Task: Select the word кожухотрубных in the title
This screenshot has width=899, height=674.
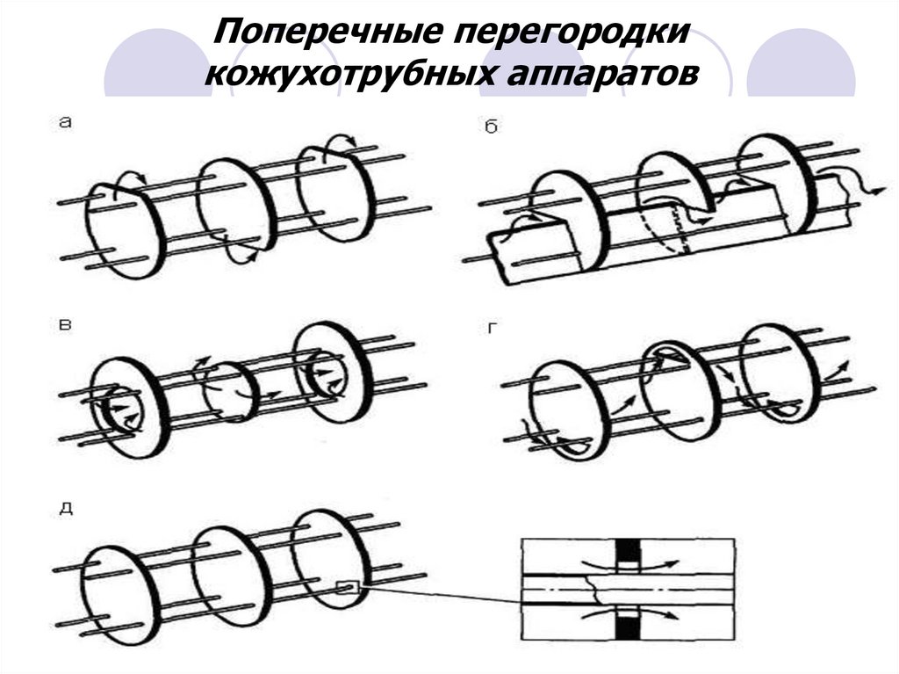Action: click(x=350, y=74)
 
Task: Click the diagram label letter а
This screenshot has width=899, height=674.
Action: click(x=65, y=124)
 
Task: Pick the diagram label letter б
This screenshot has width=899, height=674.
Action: click(x=491, y=128)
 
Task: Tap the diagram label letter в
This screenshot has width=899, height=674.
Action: click(x=65, y=326)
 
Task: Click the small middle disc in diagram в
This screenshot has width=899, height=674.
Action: click(x=230, y=392)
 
